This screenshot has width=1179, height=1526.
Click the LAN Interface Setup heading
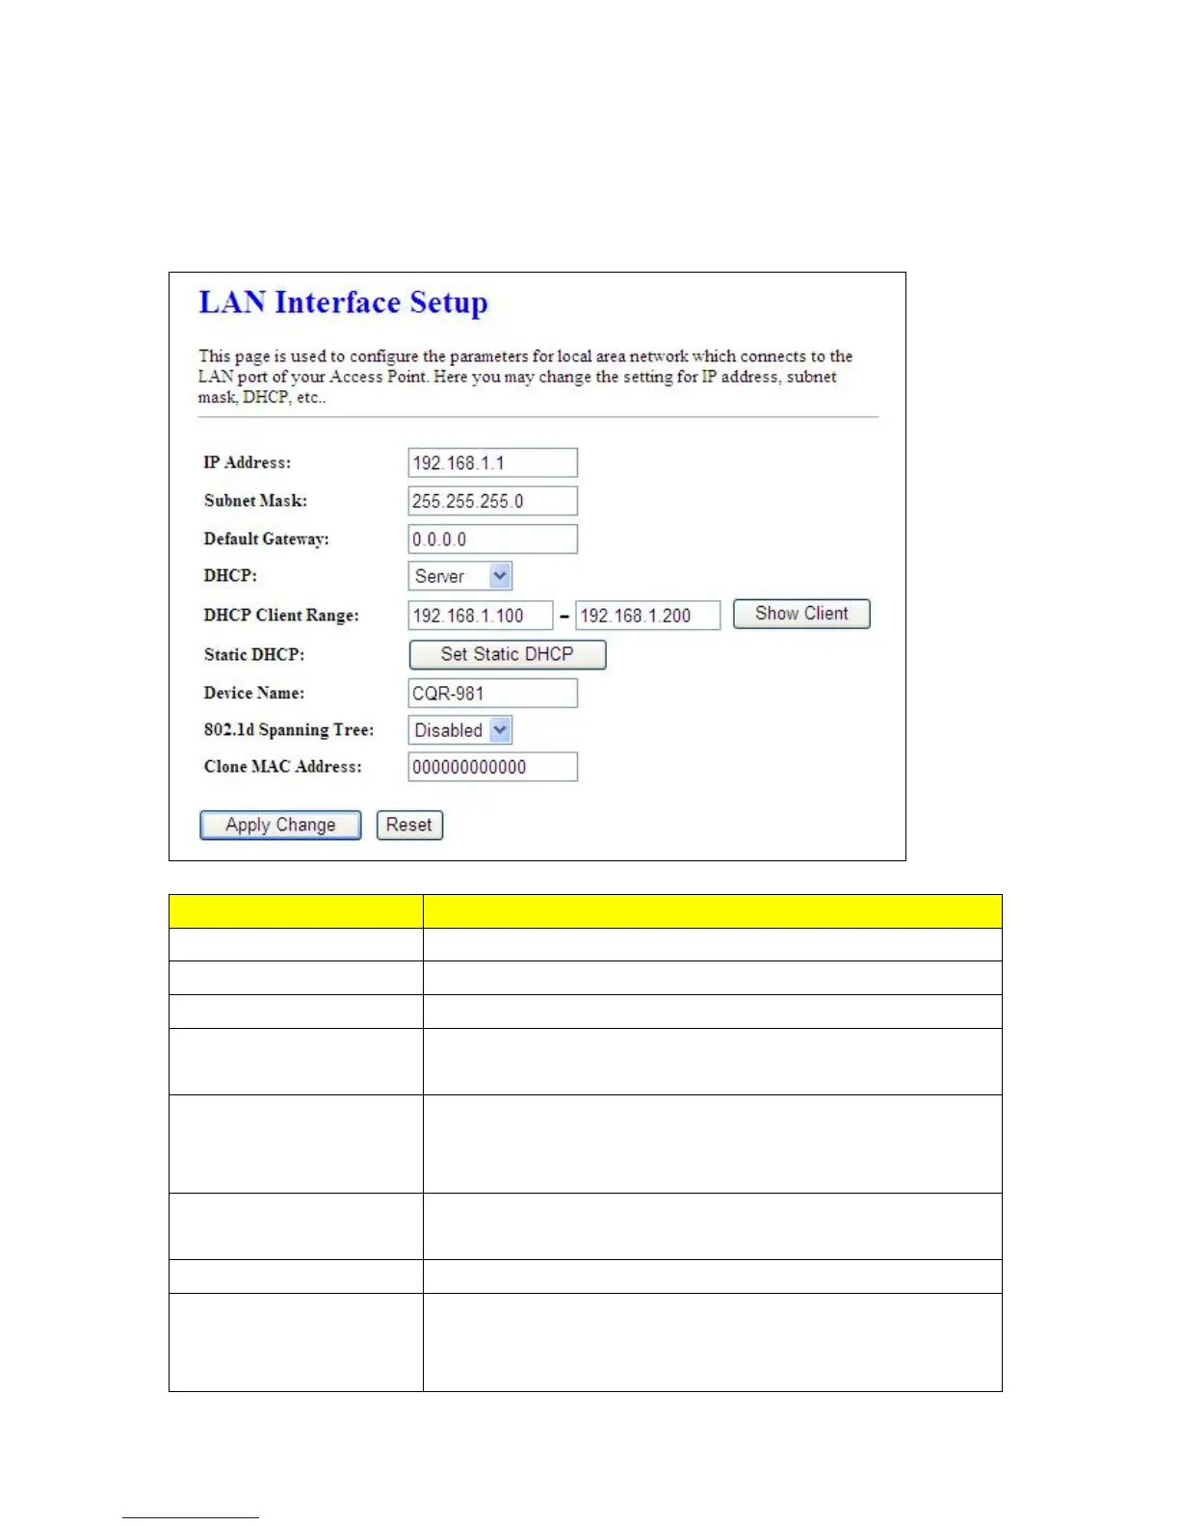tap(343, 303)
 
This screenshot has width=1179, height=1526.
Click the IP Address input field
tap(492, 462)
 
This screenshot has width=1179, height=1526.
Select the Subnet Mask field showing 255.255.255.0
tap(492, 501)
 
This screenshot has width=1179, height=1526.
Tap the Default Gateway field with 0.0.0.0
tap(492, 539)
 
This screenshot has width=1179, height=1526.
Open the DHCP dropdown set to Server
tap(460, 576)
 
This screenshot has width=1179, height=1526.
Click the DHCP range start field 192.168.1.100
tap(480, 616)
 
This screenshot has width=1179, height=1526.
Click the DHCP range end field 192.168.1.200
tap(647, 616)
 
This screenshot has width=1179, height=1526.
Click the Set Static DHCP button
tap(508, 654)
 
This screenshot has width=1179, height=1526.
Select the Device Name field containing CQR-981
tap(492, 694)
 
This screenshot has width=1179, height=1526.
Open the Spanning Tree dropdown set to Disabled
tap(460, 730)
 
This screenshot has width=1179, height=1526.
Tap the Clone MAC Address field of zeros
tap(492, 767)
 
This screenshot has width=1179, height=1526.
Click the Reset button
tap(409, 825)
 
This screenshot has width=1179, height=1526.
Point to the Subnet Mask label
tap(255, 501)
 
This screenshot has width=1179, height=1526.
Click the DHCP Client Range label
tap(281, 616)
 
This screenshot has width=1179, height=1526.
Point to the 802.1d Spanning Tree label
tap(289, 730)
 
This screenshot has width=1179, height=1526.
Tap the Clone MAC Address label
tap(283, 767)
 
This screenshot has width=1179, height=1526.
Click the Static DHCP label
tap(254, 655)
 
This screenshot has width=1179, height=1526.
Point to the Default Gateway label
tap(267, 539)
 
